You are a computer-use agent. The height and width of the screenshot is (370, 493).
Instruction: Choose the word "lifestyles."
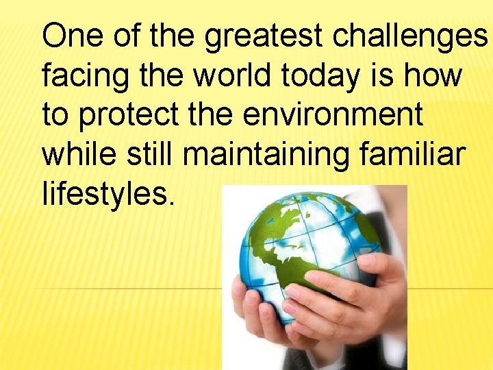tap(108, 194)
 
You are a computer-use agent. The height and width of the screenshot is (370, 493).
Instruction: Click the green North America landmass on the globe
tap(274, 226)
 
